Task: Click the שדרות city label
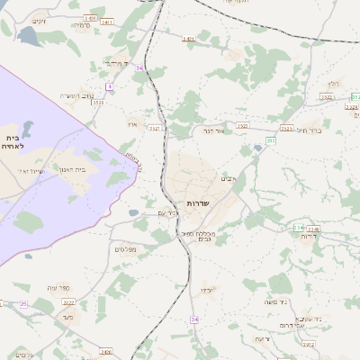(198, 204)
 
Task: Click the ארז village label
(132, 123)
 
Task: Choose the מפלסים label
(125, 248)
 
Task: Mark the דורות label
(310, 236)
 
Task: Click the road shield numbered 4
(109, 86)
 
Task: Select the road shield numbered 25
(23, 305)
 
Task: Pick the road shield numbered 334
(298, 228)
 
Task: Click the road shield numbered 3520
(97, 103)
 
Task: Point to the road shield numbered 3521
(155, 128)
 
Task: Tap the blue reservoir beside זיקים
(27, 36)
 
